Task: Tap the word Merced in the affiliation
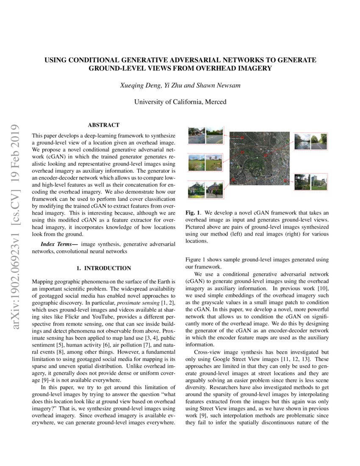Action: pyautogui.click(x=216, y=102)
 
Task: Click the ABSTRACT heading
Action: pyautogui.click(x=103, y=125)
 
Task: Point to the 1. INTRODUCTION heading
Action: pyautogui.click(x=104, y=268)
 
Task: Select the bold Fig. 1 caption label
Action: pyautogui.click(x=193, y=213)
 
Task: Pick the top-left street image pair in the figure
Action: pyautogui.click(x=205, y=135)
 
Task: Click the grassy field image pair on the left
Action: pyautogui.click(x=205, y=163)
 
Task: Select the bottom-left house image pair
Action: pyautogui.click(x=205, y=190)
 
